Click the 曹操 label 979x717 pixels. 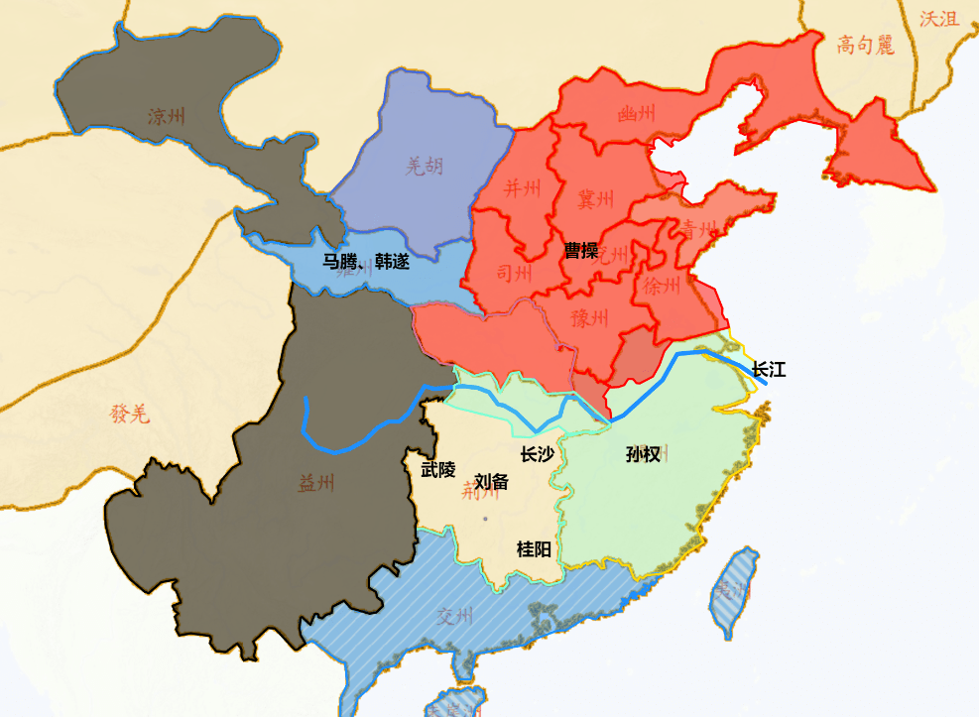coord(581,250)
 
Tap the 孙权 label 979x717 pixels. coord(644,455)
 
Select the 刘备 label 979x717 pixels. coord(491,482)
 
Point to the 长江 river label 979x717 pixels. coord(769,370)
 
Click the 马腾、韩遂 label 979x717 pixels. coord(365,262)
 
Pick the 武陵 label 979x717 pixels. coord(438,469)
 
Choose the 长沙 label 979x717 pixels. coord(537,454)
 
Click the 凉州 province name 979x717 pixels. coord(167,116)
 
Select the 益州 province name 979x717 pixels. coord(316,483)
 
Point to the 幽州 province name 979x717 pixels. coord(636,114)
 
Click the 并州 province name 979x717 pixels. coord(523,187)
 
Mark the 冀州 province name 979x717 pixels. coord(597,198)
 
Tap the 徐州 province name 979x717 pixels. coord(663,287)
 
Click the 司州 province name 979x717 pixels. coord(515,273)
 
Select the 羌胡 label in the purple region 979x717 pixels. coord(425,166)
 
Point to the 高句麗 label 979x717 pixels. coord(865,45)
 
